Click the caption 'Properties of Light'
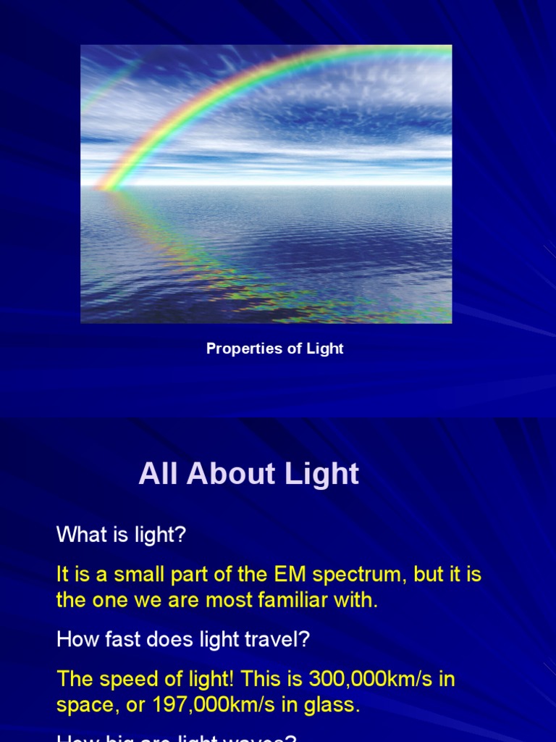(274, 349)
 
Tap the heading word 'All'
(158, 474)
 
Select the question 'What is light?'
(121, 535)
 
